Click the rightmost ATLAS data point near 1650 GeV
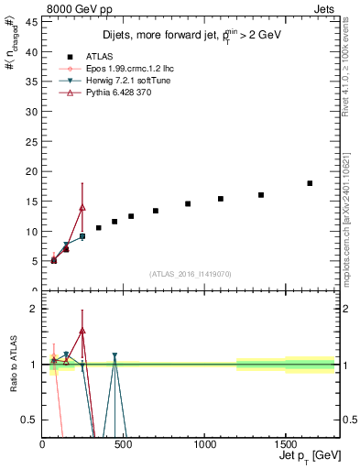pos(310,183)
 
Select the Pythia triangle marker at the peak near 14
pos(82,207)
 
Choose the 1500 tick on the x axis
pos(286,444)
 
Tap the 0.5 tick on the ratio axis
pos(31,420)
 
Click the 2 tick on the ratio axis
pos(35,309)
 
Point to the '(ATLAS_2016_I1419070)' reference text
pos(191,273)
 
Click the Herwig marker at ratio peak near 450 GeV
pos(115,355)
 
